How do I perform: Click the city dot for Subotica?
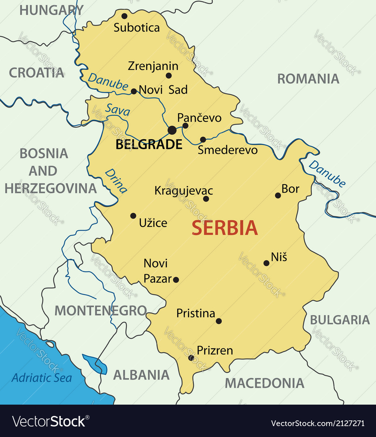124,16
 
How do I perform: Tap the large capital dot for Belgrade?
172,130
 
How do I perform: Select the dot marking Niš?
266,263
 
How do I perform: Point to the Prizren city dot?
191,358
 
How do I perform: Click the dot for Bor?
278,195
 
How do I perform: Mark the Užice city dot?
133,216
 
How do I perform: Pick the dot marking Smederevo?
203,140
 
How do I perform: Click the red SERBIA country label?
225,228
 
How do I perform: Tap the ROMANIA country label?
308,79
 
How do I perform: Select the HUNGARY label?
51,10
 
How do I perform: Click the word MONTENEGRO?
100,311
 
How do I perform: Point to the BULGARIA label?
340,320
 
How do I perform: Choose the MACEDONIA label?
264,383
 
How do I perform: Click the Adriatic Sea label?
41,378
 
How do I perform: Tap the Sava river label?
118,110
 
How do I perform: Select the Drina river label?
116,180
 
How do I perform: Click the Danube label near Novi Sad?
108,81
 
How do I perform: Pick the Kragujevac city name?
183,191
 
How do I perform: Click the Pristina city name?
195,313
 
